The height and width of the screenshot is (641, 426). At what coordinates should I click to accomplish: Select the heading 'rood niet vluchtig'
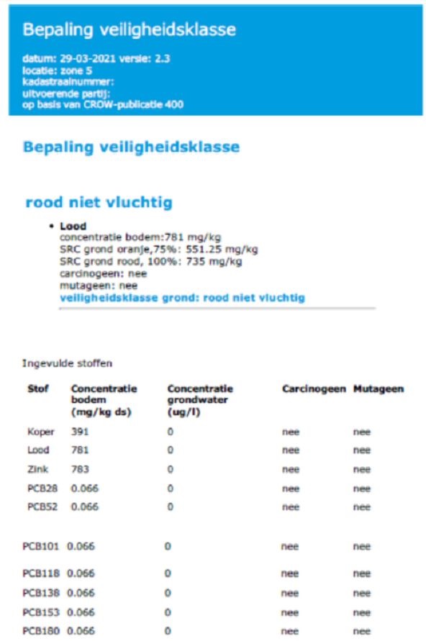click(99, 202)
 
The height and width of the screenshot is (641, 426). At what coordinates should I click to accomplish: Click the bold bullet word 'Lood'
click(73, 226)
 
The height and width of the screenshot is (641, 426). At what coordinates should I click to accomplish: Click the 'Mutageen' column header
click(379, 389)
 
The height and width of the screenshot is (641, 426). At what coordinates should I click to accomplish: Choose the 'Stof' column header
click(38, 389)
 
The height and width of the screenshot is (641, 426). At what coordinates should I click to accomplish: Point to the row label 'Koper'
click(40, 432)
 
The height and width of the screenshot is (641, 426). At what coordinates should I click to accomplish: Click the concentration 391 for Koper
click(79, 432)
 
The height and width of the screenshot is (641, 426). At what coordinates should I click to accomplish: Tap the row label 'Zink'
click(38, 469)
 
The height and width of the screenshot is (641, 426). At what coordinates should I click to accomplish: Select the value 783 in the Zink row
click(79, 469)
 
